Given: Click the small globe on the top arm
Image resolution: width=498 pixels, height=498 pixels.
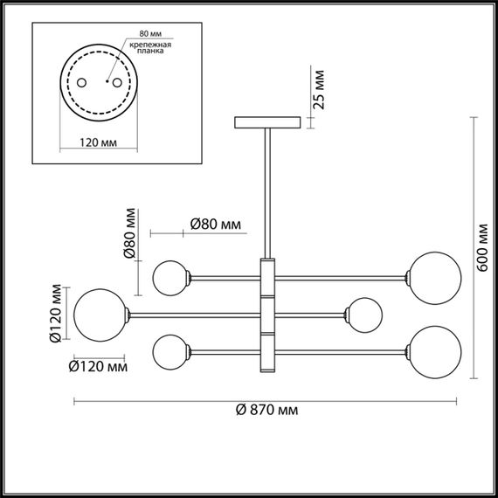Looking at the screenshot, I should (x=171, y=278).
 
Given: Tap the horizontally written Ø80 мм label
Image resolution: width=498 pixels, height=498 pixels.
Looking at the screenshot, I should (x=215, y=225).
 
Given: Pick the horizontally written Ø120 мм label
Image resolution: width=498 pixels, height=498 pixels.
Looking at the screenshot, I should (x=98, y=367).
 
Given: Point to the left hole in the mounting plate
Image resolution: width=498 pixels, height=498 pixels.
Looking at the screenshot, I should (x=82, y=82).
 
